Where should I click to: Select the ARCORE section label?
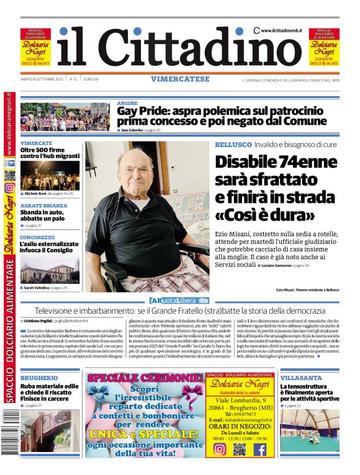127,104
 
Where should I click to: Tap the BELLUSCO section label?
233,144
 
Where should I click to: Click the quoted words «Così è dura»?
265,215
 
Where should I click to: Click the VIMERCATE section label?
36,143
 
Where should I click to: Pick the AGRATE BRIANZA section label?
43,205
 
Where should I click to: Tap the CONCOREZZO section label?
37,238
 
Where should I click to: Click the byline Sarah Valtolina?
37,288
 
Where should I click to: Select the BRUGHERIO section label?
39,378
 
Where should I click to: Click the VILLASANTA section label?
300,378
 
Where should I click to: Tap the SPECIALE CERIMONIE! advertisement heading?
145,378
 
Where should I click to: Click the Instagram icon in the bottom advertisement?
219,449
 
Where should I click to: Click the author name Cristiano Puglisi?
38,321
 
